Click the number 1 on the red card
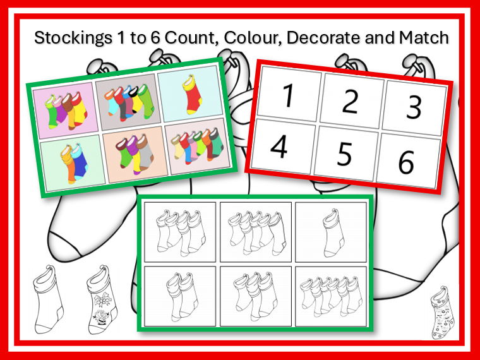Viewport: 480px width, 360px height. (287, 97)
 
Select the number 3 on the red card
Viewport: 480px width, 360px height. (413, 107)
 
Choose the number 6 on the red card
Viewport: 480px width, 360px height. (405, 163)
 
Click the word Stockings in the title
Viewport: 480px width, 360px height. (69, 38)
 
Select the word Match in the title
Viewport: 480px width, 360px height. (424, 38)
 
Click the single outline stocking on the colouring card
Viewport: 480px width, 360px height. (330, 230)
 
